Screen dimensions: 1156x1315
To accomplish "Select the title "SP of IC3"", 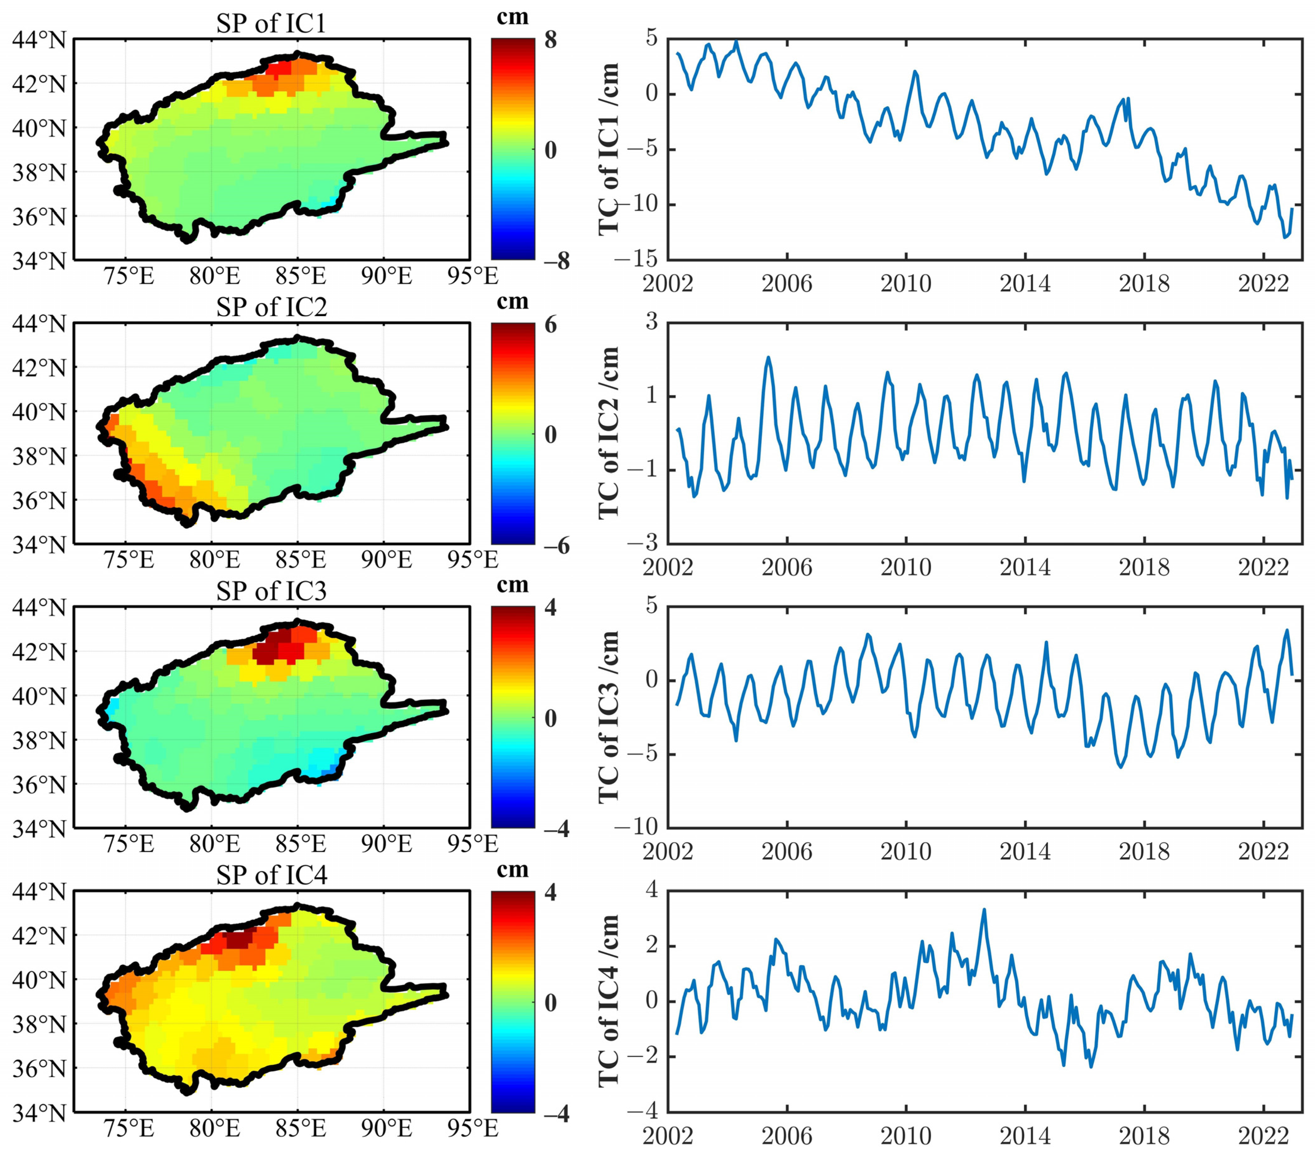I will click(x=271, y=591).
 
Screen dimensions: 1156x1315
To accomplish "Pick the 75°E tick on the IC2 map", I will click(x=129, y=560).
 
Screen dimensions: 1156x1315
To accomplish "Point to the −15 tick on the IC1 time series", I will click(x=636, y=259).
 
